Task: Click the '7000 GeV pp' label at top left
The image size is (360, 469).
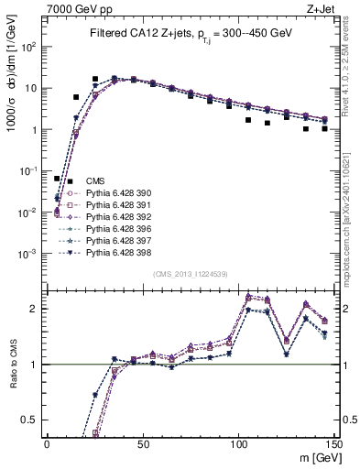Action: tap(74, 8)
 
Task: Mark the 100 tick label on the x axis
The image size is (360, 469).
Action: tap(238, 444)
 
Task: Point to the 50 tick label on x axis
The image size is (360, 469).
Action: tap(142, 444)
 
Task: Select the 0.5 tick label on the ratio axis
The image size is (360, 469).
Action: tap(31, 420)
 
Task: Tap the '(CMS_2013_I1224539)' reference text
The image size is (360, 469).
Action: tap(190, 274)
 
